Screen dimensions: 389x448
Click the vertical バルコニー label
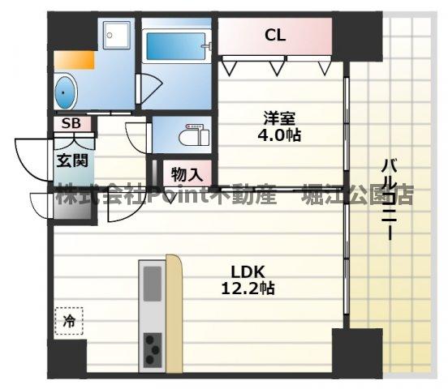(389, 199)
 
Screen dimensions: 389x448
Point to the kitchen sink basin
(153, 283)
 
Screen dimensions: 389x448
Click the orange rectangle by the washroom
(74, 59)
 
